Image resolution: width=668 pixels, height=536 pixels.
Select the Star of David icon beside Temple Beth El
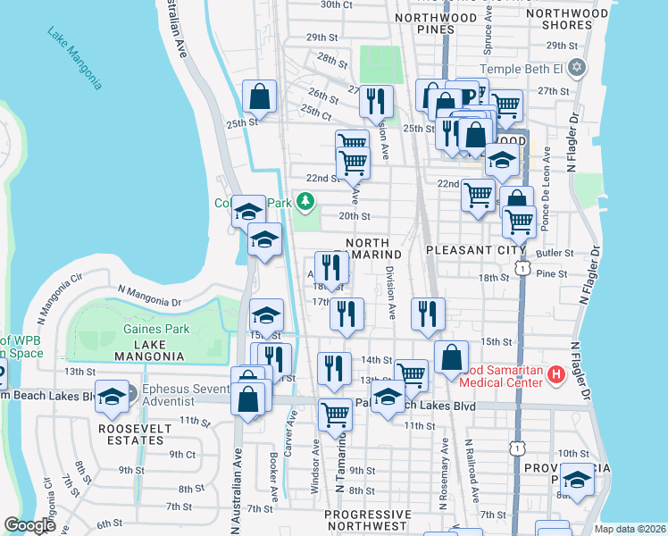pyautogui.click(x=577, y=68)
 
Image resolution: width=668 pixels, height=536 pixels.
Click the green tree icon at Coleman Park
pyautogui.click(x=305, y=202)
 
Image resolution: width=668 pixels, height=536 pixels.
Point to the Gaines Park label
pyautogui.click(x=156, y=329)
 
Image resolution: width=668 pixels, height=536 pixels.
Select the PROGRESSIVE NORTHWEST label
pyautogui.click(x=368, y=522)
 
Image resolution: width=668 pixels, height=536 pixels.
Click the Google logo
pyautogui.click(x=29, y=525)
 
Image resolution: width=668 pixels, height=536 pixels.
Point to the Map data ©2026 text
pyautogui.click(x=630, y=529)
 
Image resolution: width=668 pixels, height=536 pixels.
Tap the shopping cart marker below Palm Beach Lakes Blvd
pyautogui.click(x=335, y=415)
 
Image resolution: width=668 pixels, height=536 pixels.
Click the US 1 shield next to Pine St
pyautogui.click(x=522, y=266)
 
